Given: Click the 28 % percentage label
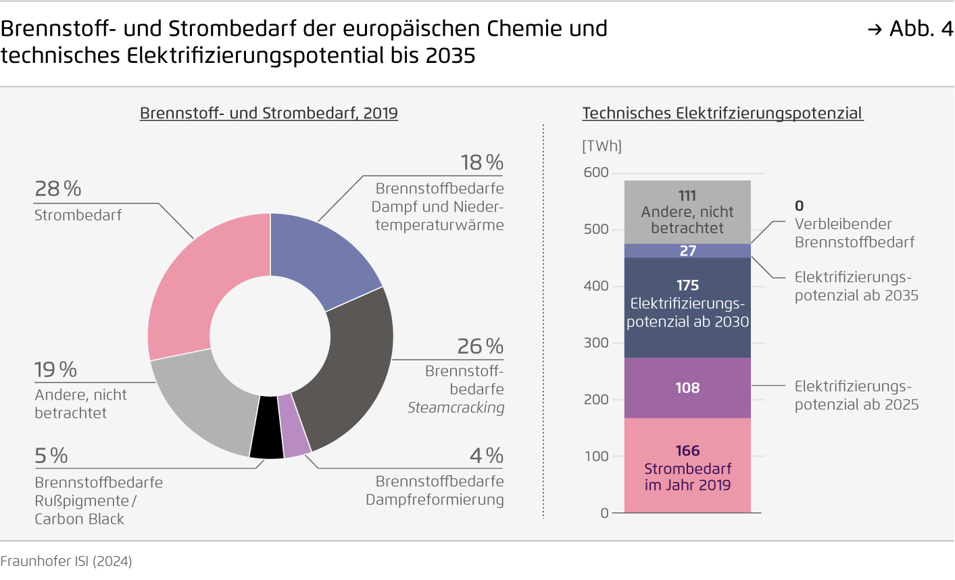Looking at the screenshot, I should pos(58,189).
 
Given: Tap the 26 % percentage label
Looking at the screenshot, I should pos(480,347).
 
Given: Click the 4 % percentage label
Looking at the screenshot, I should pos(487,456).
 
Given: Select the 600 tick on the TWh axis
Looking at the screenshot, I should pos(596,172).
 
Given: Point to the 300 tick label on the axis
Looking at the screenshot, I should pos(596,343).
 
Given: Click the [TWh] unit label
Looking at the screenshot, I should pos(602,146).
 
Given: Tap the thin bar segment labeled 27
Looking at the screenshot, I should pos(687,251).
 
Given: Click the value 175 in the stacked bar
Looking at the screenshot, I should pos(687,285).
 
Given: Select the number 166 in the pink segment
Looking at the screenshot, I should pos(687,451).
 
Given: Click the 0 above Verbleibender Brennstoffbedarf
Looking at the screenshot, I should pos(800,206).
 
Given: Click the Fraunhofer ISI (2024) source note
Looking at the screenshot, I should pos(66,561).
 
